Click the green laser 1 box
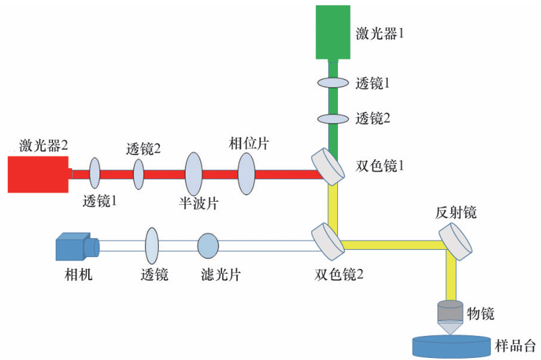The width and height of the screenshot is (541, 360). (x=332, y=31)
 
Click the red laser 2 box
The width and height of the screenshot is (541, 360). (x=38, y=174)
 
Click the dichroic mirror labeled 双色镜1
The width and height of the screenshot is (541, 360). (x=329, y=167)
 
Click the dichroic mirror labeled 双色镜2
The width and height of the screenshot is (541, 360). (x=328, y=239)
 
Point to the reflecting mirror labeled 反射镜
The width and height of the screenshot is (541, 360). (x=458, y=241)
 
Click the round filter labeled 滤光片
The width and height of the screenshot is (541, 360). (x=208, y=246)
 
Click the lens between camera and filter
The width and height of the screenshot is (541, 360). (x=152, y=246)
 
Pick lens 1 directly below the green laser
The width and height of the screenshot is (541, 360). (x=333, y=83)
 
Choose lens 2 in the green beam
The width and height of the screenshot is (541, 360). (x=333, y=118)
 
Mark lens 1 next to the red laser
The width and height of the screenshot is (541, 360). (x=95, y=174)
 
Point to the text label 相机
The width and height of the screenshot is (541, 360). (x=73, y=274)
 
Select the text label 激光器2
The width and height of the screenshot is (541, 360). (x=44, y=145)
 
